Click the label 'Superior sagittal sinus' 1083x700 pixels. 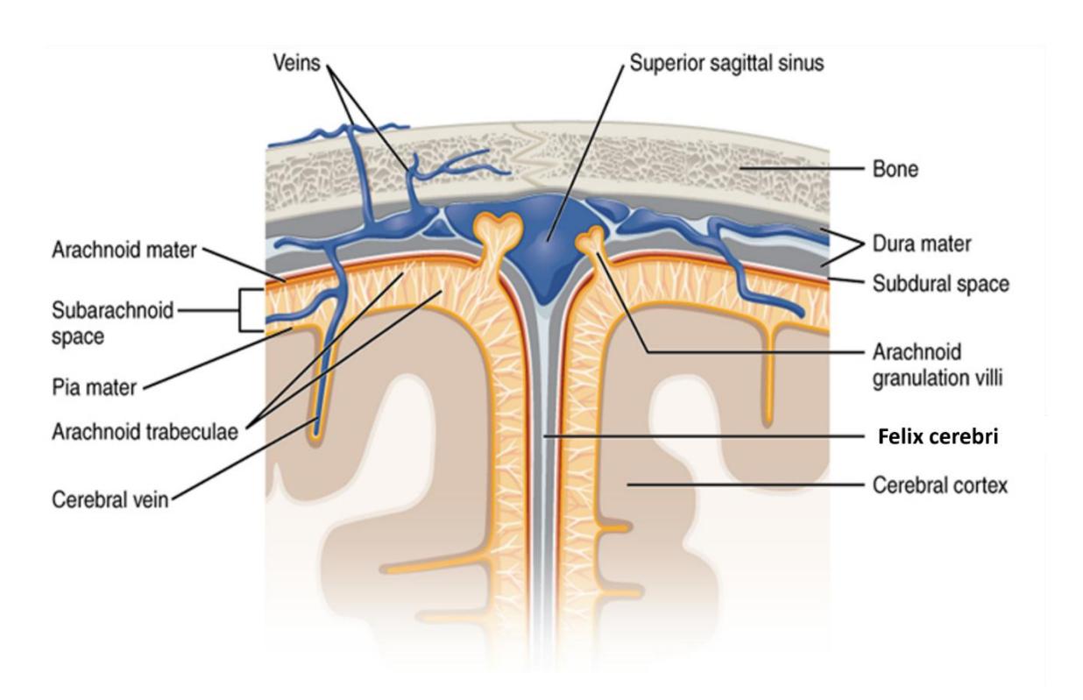coord(726,63)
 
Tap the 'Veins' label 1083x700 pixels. coord(297,63)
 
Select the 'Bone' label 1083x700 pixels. coord(895,169)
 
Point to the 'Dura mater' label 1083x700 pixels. coord(922,244)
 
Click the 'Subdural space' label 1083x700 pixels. coord(940,284)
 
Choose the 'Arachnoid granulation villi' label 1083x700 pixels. coord(937,365)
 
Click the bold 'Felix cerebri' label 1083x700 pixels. coord(938,436)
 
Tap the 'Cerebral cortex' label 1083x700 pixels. coord(940,484)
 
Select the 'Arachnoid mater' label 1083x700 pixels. coord(124,251)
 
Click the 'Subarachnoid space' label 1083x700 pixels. coord(112,323)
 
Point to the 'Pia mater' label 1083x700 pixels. coord(95,388)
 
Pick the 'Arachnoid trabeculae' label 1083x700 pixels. coord(145,432)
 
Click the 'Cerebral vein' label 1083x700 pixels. coord(110,500)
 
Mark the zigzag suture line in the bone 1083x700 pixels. coord(532,159)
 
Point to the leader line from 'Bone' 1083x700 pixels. coord(802,169)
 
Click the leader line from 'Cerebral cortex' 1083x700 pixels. coord(746,484)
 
